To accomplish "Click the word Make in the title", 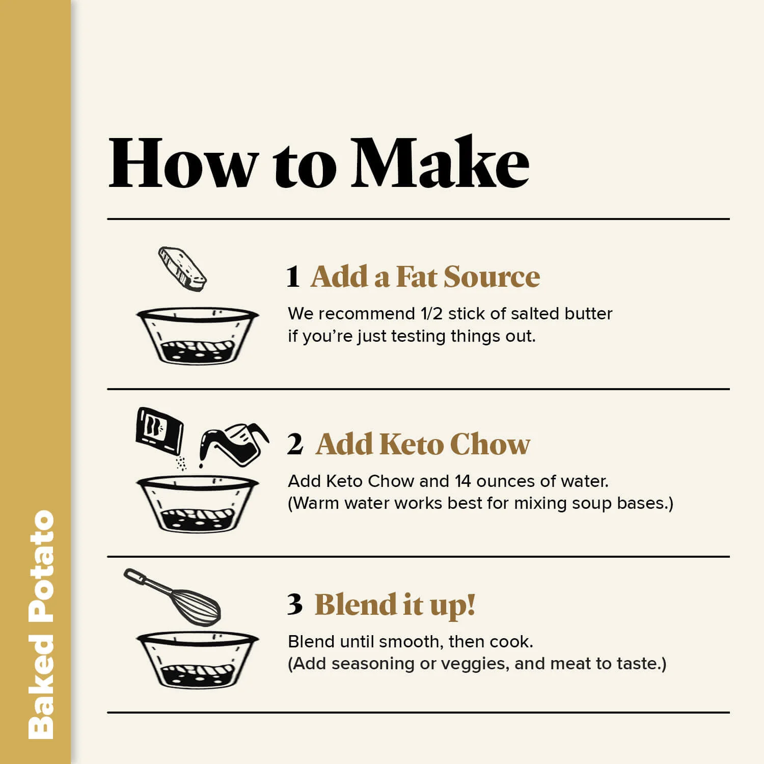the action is pos(441,162).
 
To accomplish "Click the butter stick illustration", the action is pos(182,268).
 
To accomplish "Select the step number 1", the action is pos(293,277).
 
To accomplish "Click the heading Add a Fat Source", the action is pos(425,277).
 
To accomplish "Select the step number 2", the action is pos(295,444).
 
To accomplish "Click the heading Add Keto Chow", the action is pos(423,444).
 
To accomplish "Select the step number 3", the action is pos(295,605).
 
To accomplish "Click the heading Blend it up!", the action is pos(395,605).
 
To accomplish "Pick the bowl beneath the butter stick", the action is pos(198,336).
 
